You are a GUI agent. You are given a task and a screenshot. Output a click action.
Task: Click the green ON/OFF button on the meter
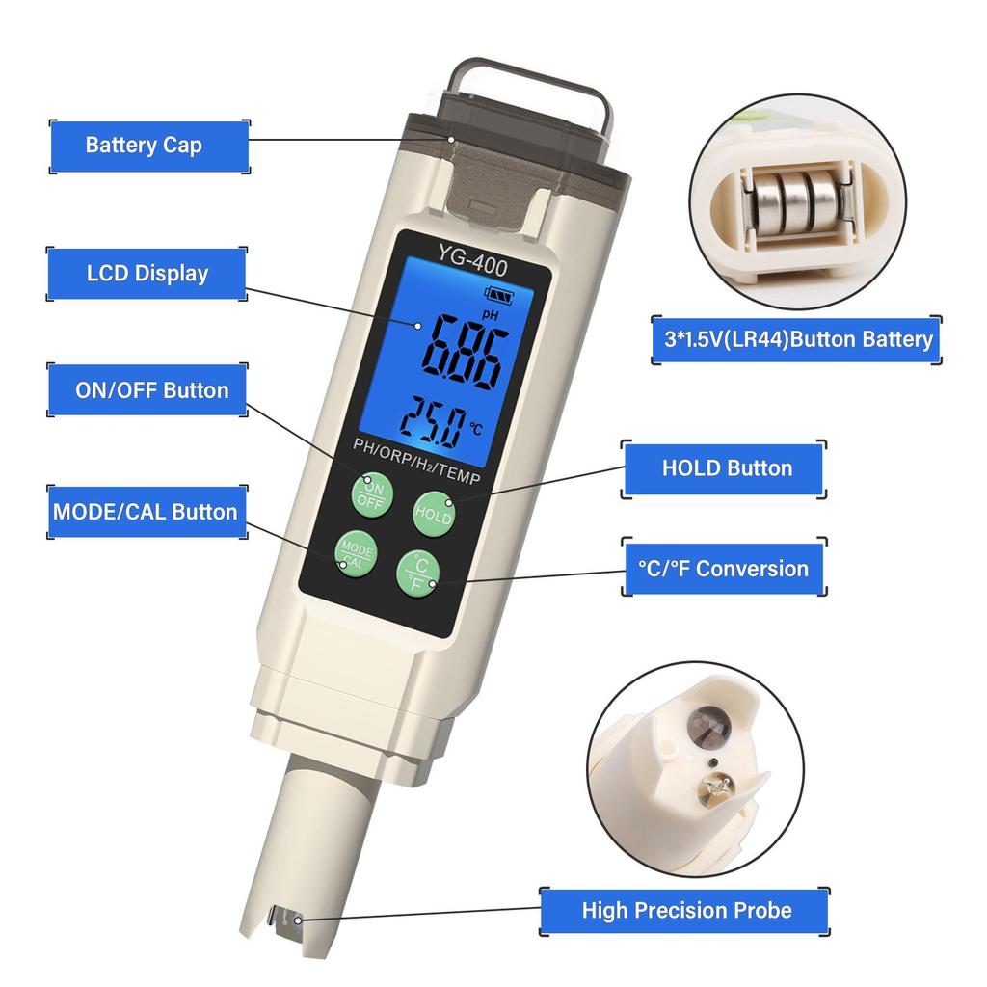coord(371,492)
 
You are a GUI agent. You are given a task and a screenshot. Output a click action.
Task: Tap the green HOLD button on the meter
coord(434,512)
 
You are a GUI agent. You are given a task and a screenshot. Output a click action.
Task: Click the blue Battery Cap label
coord(144,146)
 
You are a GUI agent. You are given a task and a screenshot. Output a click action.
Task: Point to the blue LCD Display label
coord(147,273)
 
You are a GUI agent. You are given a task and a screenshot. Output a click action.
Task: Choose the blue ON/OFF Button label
coord(151,390)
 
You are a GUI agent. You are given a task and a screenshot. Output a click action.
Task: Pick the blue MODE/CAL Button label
coord(145,511)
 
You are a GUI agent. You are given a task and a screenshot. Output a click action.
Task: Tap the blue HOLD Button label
coord(727,468)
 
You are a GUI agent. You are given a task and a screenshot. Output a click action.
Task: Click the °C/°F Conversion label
coord(723,568)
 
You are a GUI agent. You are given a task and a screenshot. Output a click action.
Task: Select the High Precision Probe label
coord(686,910)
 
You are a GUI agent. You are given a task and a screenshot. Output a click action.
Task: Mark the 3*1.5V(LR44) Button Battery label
coord(795,339)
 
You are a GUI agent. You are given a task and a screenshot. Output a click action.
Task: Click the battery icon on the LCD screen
coord(501,294)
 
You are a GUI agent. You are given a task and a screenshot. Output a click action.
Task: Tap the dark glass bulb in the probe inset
coord(711,721)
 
